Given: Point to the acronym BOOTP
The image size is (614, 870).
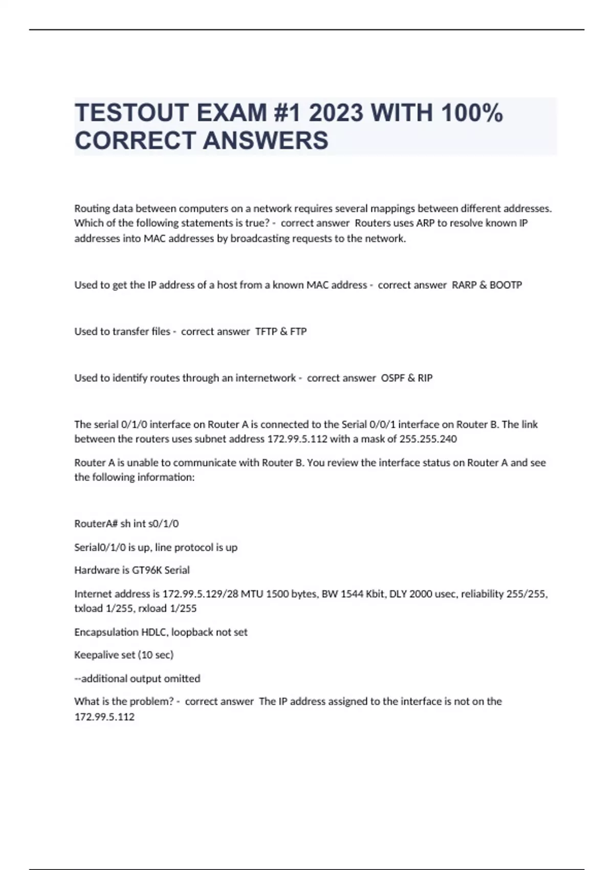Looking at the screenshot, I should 506,285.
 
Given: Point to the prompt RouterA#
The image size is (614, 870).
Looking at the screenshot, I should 96,524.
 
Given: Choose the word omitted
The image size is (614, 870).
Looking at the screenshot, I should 182,679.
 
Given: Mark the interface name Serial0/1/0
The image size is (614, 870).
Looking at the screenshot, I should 100,548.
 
